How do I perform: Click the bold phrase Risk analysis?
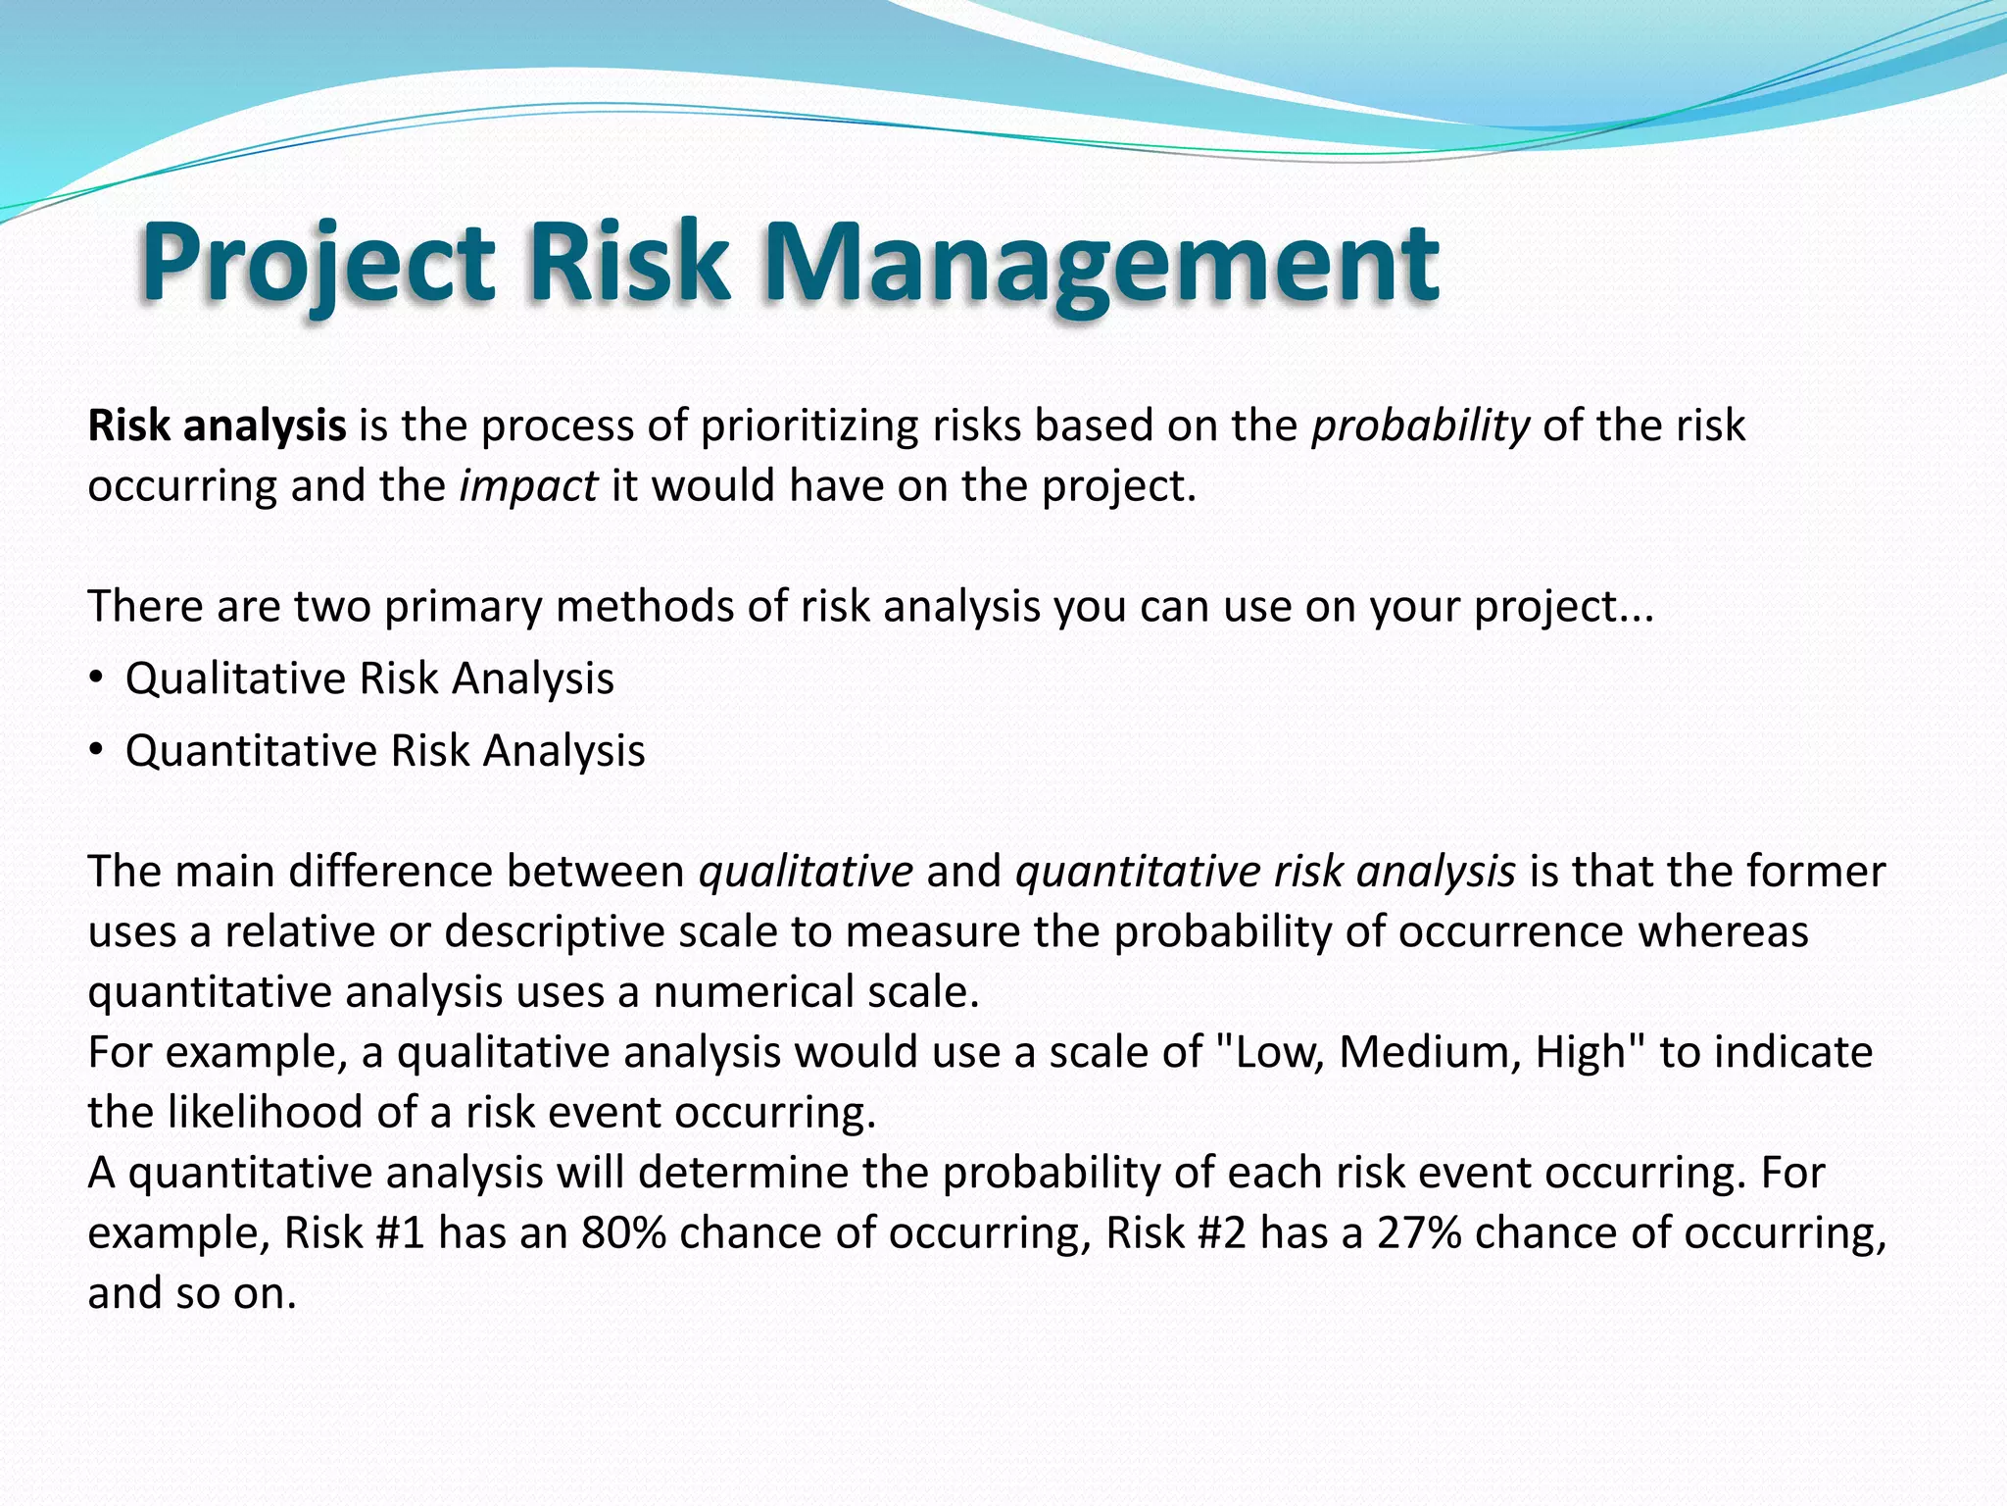pyautogui.click(x=217, y=426)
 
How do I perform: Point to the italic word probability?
pyautogui.click(x=1420, y=426)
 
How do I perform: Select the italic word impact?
pyautogui.click(x=528, y=485)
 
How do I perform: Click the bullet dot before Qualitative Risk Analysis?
pyautogui.click(x=95, y=678)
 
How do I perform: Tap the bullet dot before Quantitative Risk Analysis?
pyautogui.click(x=95, y=751)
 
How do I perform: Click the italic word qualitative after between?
pyautogui.click(x=806, y=872)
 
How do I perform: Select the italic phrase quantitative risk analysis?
pyautogui.click(x=1265, y=872)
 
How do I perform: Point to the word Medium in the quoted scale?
pyautogui.click(x=1430, y=1052)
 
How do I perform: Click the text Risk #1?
pyautogui.click(x=354, y=1233)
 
